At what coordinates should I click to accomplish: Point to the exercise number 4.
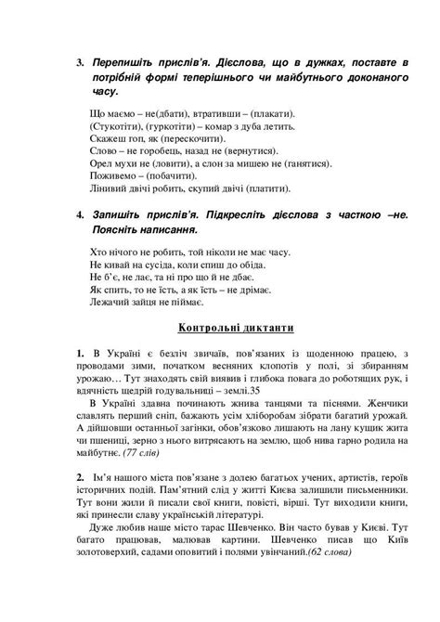pos(81,213)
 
